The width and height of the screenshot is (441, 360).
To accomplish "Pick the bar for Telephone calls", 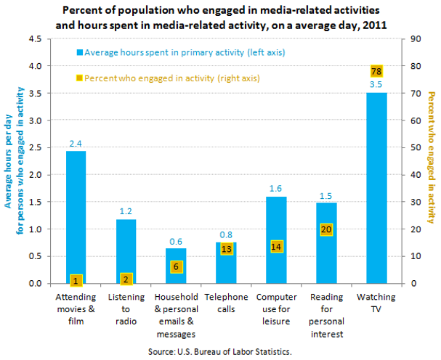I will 226,262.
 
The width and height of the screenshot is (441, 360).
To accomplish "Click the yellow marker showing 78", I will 376,71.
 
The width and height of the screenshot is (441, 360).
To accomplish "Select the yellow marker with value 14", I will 276,246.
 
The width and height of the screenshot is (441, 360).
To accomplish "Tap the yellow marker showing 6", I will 176,267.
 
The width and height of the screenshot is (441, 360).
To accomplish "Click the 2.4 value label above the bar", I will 76,144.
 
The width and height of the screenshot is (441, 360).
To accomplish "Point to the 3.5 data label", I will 376,84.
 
